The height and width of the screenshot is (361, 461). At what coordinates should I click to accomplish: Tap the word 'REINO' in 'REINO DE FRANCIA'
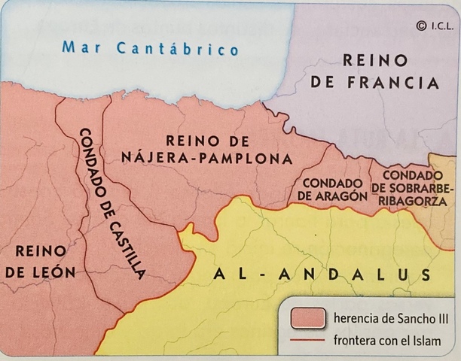click(375, 61)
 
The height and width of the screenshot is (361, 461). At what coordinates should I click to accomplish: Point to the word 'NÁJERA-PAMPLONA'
click(206, 159)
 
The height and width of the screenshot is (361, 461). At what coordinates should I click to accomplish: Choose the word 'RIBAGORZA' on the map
click(414, 202)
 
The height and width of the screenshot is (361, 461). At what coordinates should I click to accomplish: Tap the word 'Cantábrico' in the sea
click(179, 49)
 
